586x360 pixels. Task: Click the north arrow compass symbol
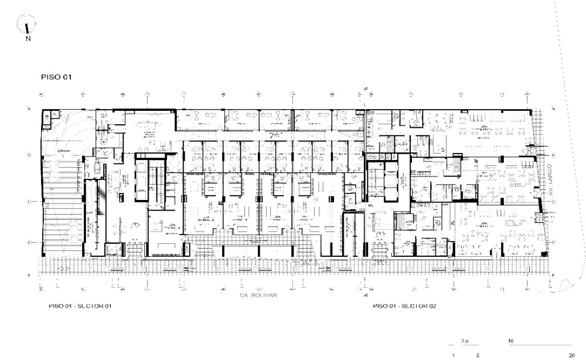28,26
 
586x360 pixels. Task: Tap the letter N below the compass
28,39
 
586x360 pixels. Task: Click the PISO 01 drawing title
55,77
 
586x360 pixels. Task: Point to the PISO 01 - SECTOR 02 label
404,306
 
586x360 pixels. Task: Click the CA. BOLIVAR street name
257,296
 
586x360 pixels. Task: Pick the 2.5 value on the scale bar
465,341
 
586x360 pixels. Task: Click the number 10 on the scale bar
512,341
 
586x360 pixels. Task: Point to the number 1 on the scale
453,355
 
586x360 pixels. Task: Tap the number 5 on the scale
478,355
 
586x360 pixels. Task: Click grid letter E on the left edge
28,275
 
